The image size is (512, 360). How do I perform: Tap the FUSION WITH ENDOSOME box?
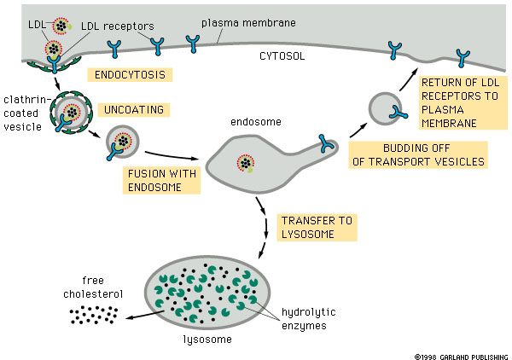click(x=162, y=180)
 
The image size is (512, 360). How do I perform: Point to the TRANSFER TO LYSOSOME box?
click(x=316, y=227)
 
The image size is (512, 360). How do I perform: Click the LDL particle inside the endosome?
click(x=246, y=163)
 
